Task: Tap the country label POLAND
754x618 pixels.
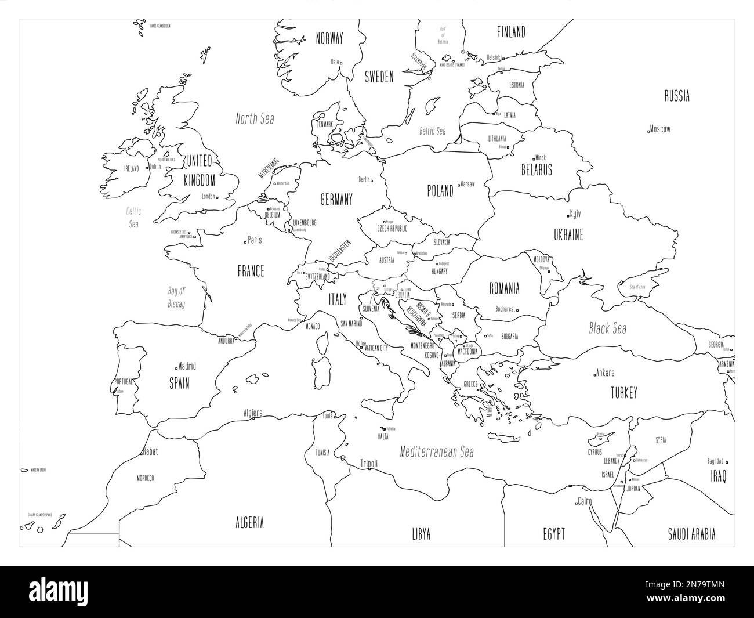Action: pos(440,191)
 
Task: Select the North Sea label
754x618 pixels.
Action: pos(255,119)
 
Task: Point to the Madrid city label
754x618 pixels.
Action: pos(187,366)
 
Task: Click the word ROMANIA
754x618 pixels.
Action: pos(504,288)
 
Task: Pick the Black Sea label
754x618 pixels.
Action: pos(607,328)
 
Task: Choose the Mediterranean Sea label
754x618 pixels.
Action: pos(437,452)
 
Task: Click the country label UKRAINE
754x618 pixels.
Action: pos(568,235)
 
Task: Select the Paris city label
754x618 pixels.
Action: pos(254,240)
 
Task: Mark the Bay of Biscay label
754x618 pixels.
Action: pos(176,297)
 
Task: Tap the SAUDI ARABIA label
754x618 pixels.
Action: pos(691,534)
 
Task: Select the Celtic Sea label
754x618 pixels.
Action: pos(134,218)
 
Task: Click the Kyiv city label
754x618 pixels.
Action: pos(575,214)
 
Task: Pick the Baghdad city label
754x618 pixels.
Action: pos(715,462)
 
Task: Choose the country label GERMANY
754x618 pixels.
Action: pos(336,200)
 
